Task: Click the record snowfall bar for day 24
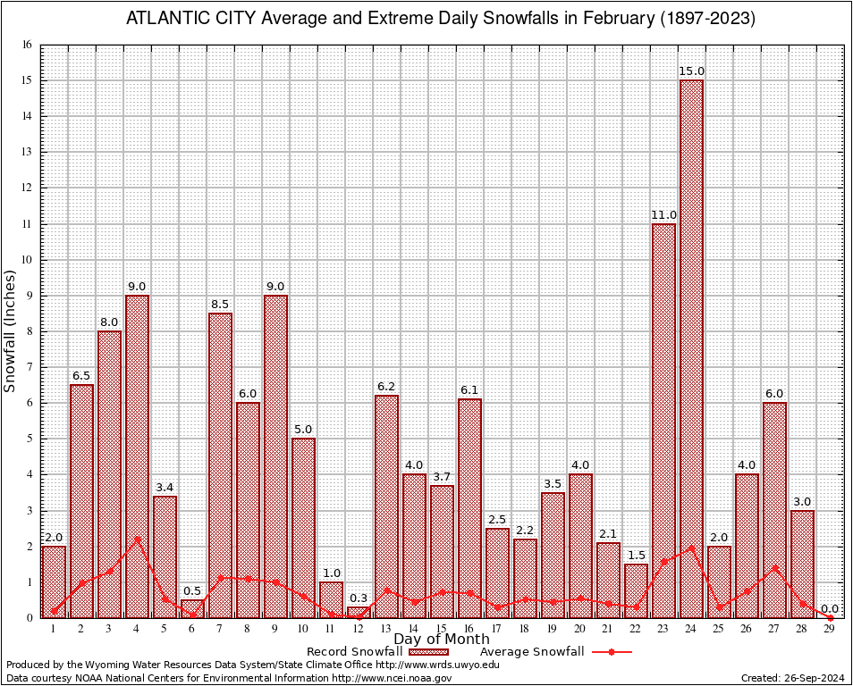pyautogui.click(x=691, y=348)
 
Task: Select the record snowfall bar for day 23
pyautogui.click(x=663, y=420)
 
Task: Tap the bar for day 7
pyautogui.click(x=220, y=464)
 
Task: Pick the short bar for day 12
pyautogui.click(x=359, y=612)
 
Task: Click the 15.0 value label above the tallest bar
pyautogui.click(x=691, y=71)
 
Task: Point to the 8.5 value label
pyautogui.click(x=220, y=305)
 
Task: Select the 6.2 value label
pyautogui.click(x=386, y=387)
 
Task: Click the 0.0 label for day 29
pyautogui.click(x=830, y=608)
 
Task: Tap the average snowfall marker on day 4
pyautogui.click(x=137, y=538)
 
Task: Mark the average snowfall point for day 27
pyautogui.click(x=774, y=566)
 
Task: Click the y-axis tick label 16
pyautogui.click(x=26, y=45)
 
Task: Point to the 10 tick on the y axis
pyautogui.click(x=26, y=260)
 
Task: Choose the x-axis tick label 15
pyautogui.click(x=442, y=630)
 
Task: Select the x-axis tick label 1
pyautogui.click(x=54, y=630)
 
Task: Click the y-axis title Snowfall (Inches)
pyautogui.click(x=11, y=330)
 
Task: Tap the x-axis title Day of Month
pyautogui.click(x=441, y=640)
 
